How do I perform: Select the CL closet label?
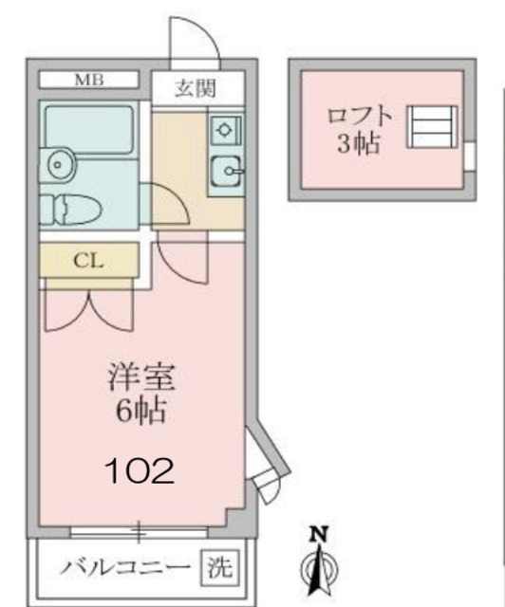click(x=89, y=259)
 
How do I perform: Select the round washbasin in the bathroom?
click(x=59, y=164)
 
